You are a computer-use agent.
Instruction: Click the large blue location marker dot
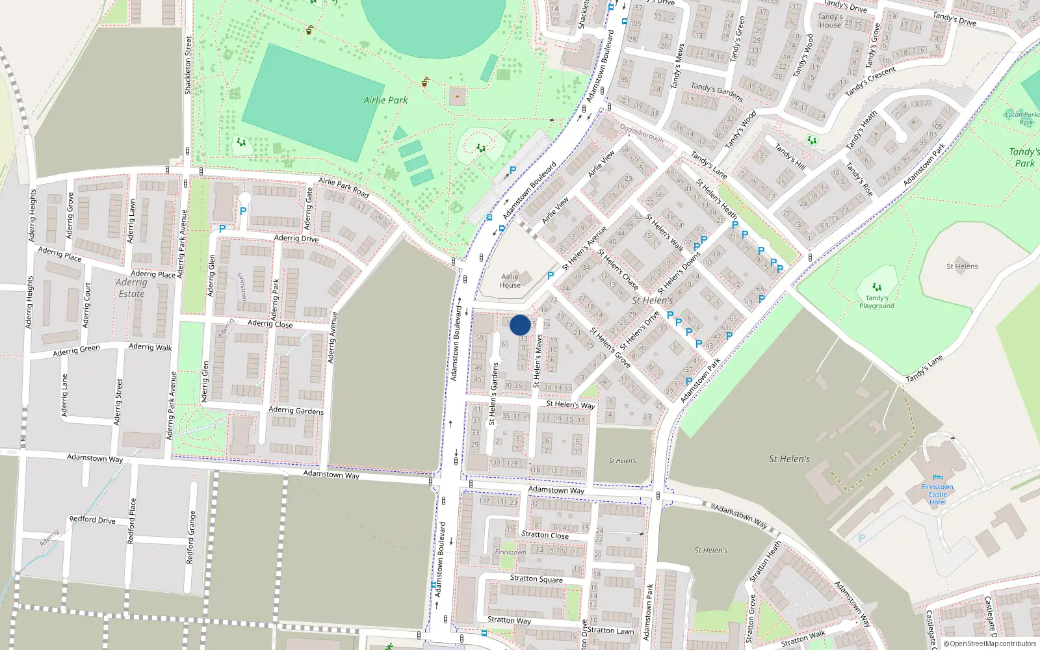[520, 325]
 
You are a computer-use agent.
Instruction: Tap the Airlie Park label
[385, 100]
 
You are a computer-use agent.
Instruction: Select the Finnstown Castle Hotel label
[937, 494]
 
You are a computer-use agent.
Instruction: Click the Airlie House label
[510, 281]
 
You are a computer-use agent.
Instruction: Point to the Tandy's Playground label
[877, 302]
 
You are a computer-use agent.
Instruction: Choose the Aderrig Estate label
[131, 288]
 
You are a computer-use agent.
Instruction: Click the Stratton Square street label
[536, 578]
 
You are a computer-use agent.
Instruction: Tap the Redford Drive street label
[92, 519]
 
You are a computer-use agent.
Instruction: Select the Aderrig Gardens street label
[296, 410]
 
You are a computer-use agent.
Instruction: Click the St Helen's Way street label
[571, 404]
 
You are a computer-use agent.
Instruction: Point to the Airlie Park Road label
[344, 188]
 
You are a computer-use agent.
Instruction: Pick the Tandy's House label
[830, 21]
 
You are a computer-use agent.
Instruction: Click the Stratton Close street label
[545, 535]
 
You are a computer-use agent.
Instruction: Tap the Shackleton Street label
[188, 65]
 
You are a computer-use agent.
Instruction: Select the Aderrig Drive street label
[296, 238]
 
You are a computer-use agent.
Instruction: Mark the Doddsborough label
[642, 133]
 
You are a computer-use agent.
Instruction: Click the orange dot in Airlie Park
[458, 97]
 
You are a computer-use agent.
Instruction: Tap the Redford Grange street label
[190, 537]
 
